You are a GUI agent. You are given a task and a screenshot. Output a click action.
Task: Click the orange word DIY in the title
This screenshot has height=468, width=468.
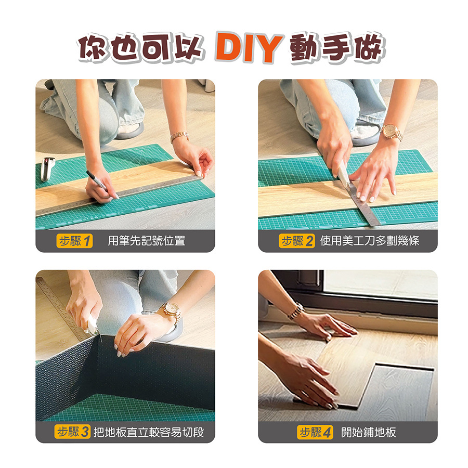click(249, 48)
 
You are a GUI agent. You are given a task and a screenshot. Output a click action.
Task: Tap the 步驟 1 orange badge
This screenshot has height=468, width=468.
click(74, 241)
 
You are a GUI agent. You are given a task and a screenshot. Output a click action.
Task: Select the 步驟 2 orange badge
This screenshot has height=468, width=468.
click(297, 241)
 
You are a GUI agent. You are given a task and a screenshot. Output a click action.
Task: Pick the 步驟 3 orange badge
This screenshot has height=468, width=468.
click(72, 432)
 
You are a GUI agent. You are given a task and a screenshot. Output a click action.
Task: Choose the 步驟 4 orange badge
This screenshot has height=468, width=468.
click(315, 432)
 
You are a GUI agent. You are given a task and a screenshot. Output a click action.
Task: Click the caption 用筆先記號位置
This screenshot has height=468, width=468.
click(146, 241)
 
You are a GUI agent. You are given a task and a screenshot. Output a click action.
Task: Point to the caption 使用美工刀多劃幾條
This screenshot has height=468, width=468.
click(370, 241)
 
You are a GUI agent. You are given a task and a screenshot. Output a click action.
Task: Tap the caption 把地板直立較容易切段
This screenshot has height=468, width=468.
click(149, 432)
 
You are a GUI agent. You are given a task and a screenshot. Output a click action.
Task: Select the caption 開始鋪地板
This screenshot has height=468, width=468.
click(369, 432)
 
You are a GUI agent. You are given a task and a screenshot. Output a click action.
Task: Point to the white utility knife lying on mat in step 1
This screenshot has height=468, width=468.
click(47, 169)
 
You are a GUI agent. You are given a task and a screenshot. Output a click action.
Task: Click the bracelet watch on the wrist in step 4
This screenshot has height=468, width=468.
click(295, 311)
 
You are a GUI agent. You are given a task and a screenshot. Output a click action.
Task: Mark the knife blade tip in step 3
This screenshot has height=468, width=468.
click(101, 340)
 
